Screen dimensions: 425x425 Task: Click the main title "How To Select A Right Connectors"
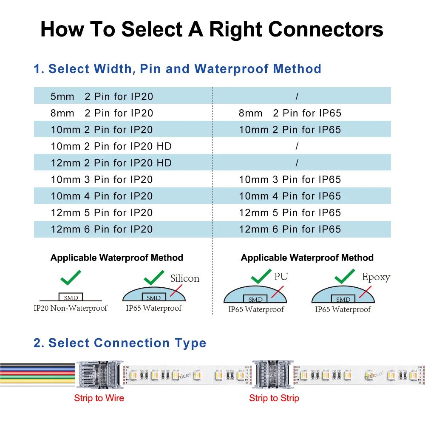coord(212,30)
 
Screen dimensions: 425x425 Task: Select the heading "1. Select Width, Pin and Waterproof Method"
coord(177,69)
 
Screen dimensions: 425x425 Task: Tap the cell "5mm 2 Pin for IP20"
coord(102,96)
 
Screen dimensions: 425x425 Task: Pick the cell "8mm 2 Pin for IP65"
coord(290,113)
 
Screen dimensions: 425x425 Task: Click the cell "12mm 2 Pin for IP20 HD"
coord(111,163)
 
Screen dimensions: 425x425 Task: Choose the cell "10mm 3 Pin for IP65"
coord(290,179)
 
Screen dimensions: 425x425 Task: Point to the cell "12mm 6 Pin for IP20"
coord(102,229)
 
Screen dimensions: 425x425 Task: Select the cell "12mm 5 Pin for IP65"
coord(290,212)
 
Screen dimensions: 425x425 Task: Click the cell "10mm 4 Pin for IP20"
coord(102,196)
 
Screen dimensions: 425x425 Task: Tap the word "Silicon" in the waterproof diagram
coord(184,278)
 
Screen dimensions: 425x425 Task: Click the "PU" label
coord(281,277)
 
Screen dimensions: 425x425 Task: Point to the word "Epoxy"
coord(376,277)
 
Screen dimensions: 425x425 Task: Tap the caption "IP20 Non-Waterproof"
coord(71,308)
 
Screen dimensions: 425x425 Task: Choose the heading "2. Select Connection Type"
coord(120,343)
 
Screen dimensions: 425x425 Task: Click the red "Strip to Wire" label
coord(99,398)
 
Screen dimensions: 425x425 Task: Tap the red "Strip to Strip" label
coord(274,398)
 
